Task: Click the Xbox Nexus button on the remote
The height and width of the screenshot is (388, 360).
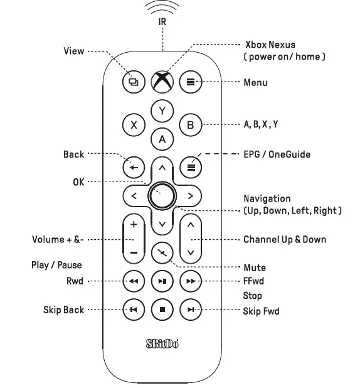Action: pyautogui.click(x=162, y=82)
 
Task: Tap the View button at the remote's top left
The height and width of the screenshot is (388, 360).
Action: pyautogui.click(x=133, y=82)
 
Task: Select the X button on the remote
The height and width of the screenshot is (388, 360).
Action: pyautogui.click(x=133, y=124)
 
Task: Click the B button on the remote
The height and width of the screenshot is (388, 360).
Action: pyautogui.click(x=191, y=124)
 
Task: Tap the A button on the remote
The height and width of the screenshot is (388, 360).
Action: pyautogui.click(x=162, y=139)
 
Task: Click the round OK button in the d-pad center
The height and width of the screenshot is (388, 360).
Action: pyautogui.click(x=162, y=196)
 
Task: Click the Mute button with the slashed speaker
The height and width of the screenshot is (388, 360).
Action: pyautogui.click(x=162, y=252)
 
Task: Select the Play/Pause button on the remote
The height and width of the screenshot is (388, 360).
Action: pyautogui.click(x=162, y=281)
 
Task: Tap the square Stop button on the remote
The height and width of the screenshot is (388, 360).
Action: pyautogui.click(x=162, y=310)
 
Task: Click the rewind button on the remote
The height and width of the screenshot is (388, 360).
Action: pyautogui.click(x=133, y=281)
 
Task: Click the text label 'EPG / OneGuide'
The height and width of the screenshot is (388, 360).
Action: pyautogui.click(x=277, y=154)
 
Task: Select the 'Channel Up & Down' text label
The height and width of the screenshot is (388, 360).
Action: pyautogui.click(x=284, y=239)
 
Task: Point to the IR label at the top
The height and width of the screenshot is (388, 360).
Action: pyautogui.click(x=162, y=21)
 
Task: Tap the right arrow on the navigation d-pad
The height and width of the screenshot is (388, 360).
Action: pyautogui.click(x=191, y=196)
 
